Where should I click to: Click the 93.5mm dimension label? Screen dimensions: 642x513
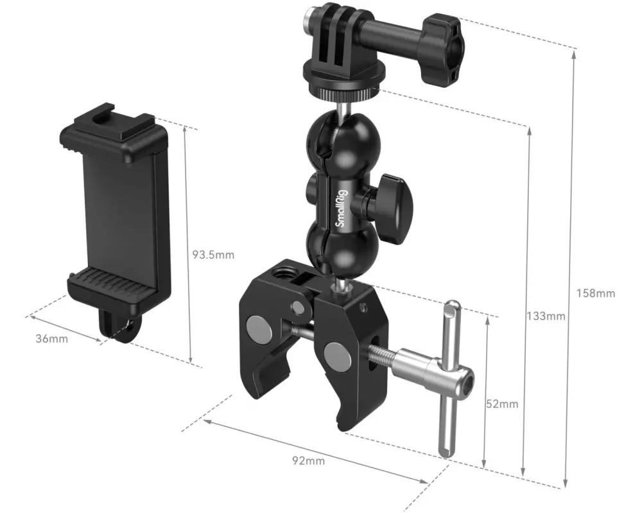pos(213,255)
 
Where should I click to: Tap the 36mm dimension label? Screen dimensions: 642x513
pos(51,339)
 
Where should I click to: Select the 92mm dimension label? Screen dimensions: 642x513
pos(308,461)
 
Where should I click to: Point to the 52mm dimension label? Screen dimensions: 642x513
pos(502,404)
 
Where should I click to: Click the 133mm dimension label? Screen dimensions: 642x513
pos(546,316)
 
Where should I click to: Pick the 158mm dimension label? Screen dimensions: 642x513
pos(596,293)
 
